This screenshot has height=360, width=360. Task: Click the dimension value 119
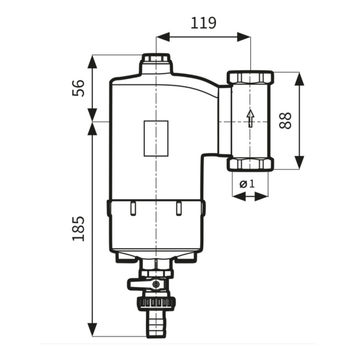203,23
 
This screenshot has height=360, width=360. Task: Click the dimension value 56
79,88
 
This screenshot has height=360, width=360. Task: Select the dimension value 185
79,229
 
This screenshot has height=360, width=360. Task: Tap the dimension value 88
285,121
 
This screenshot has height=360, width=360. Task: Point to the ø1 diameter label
247,184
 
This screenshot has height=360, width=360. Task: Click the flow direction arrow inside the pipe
250,118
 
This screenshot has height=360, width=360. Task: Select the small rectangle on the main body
156,139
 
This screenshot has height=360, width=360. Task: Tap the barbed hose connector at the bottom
156,325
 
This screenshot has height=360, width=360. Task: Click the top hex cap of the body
156,58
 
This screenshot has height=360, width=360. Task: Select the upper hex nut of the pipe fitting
250,78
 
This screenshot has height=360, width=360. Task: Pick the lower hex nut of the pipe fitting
250,164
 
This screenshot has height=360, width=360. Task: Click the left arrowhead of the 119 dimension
163,37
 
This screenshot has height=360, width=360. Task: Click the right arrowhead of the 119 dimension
244,37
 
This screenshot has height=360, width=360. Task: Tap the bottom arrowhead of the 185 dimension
92,330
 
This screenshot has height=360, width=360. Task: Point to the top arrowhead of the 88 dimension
299,79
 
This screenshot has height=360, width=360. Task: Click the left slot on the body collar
133,208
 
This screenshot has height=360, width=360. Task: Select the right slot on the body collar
179,208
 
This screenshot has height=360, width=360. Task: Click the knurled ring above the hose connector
156,303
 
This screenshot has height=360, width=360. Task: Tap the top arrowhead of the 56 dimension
92,62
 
